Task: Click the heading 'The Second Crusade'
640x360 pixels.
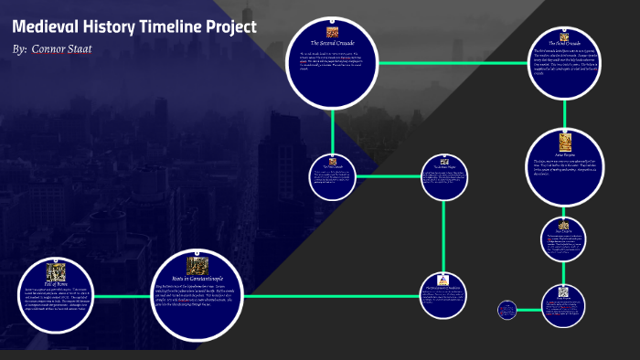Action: click(x=332, y=43)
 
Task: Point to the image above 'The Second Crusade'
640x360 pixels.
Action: click(x=333, y=33)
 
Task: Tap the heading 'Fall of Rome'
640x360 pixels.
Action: click(x=58, y=281)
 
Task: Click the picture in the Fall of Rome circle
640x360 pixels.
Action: click(x=58, y=270)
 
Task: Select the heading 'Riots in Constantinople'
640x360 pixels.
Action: click(x=197, y=278)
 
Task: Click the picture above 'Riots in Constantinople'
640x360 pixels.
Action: click(x=197, y=265)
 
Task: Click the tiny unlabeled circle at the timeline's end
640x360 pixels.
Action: click(x=507, y=310)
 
